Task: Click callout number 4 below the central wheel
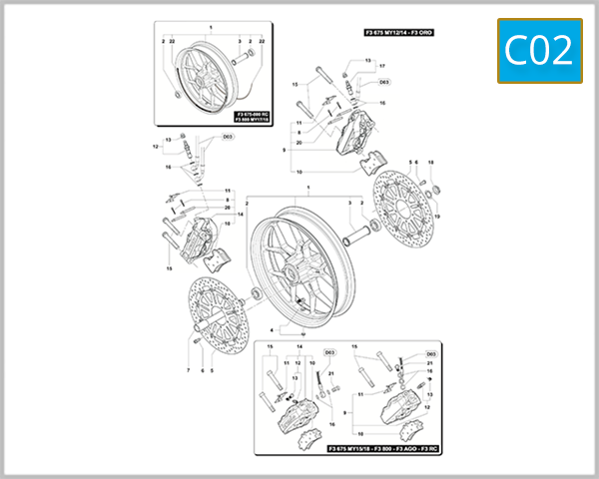[271, 330]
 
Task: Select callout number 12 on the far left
[156, 147]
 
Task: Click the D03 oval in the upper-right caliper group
[384, 83]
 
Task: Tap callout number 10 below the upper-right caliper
[298, 172]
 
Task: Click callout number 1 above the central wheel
[310, 189]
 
